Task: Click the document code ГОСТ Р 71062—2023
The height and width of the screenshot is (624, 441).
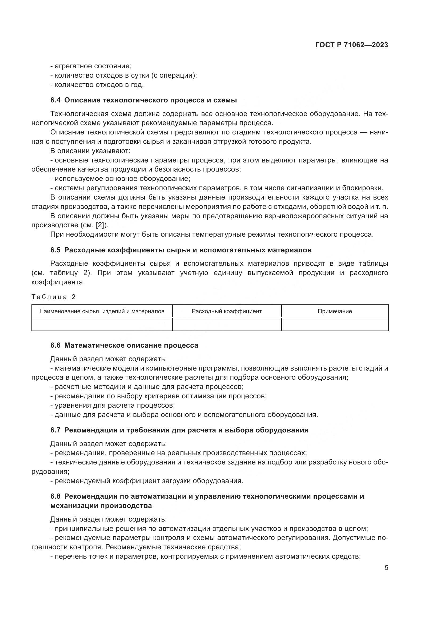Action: coord(352,45)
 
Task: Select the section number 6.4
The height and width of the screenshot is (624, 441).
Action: coord(55,100)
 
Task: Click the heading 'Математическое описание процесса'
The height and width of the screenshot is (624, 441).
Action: coord(131,345)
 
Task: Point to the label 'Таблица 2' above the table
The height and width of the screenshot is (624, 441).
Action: coord(54,297)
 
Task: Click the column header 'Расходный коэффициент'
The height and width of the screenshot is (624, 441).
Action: coord(226,311)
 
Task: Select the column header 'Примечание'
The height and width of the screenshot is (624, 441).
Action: coord(335,311)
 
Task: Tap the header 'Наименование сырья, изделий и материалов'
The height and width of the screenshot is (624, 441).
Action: coord(102,311)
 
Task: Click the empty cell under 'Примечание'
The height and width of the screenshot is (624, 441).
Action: coord(335,324)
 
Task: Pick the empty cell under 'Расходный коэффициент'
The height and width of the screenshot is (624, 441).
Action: coord(226,324)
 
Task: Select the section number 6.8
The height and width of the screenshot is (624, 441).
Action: coord(55,496)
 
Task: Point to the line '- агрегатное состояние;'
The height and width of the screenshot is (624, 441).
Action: coord(91,66)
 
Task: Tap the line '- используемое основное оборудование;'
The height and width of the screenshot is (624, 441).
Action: coord(120,178)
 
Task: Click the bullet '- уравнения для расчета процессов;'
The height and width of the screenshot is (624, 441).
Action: coord(113,405)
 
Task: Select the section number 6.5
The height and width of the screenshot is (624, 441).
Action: coord(55,250)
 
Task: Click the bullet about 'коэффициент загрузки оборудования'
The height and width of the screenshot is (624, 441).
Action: coord(147,481)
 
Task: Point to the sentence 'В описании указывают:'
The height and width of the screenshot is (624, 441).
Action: coord(90,151)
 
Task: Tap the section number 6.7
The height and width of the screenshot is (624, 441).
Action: coord(55,430)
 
